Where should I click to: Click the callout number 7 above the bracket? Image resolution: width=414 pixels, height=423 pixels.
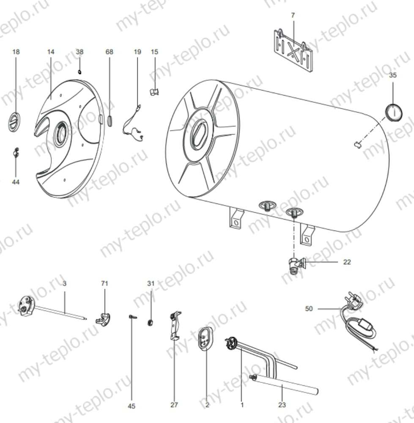click(293, 15)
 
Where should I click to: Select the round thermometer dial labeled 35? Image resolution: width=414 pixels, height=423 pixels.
click(393, 111)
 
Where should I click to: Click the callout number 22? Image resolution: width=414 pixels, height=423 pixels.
click(347, 262)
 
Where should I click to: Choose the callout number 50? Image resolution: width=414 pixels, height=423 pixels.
click(309, 309)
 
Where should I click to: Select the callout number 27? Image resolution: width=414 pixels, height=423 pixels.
click(174, 405)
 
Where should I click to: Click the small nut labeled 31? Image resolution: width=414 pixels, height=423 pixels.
click(150, 323)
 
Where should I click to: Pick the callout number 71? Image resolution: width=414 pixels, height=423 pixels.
click(104, 283)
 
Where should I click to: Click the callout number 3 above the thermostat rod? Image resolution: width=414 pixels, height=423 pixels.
click(64, 283)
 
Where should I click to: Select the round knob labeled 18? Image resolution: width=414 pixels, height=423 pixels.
click(14, 122)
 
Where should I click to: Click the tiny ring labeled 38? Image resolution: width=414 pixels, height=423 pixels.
click(80, 72)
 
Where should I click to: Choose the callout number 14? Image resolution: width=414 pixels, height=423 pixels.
click(51, 52)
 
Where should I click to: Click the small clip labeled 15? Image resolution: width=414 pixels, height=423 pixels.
click(155, 91)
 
